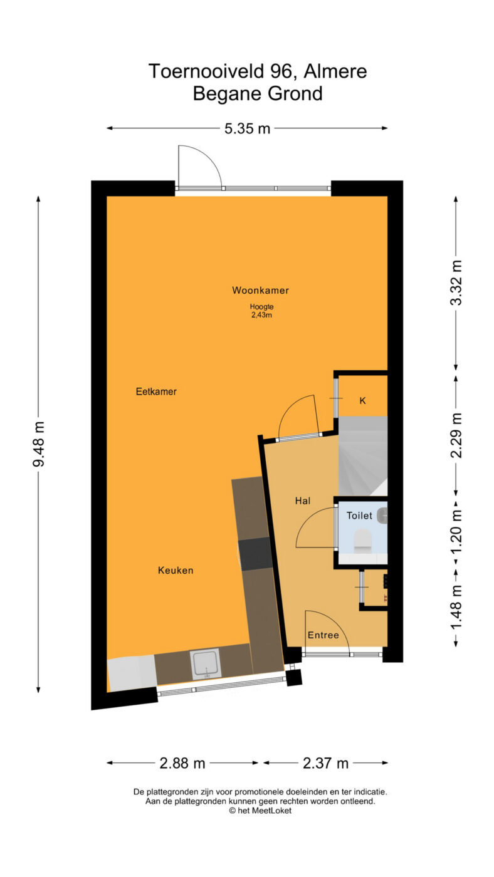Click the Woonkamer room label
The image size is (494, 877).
(x=260, y=291)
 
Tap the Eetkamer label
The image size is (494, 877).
(x=156, y=392)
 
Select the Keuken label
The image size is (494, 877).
(x=176, y=571)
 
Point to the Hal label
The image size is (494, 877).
(x=303, y=501)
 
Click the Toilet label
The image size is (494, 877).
(x=359, y=516)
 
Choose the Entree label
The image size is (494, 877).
(x=323, y=635)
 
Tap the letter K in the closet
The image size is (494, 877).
(x=362, y=400)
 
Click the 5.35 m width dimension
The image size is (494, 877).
(x=247, y=128)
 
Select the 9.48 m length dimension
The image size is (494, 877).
(x=39, y=444)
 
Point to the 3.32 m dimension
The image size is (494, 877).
(x=456, y=283)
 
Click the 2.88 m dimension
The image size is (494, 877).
(x=182, y=763)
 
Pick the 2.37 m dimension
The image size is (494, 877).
(x=325, y=763)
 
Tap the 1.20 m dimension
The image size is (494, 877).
(x=456, y=532)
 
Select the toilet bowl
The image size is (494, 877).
(x=362, y=541)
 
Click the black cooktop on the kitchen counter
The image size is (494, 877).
(x=255, y=554)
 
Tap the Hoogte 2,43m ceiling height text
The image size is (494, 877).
(x=261, y=311)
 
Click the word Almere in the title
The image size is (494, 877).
(x=335, y=71)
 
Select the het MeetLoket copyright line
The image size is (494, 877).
(x=260, y=811)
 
